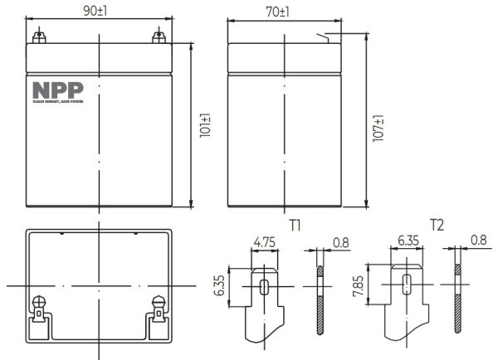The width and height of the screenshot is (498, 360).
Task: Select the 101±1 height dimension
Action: pos(205,124)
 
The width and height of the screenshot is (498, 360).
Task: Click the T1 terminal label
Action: pos(295,225)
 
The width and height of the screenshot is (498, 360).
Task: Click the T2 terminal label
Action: pos(437,225)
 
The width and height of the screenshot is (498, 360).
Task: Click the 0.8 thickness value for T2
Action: pos(478,241)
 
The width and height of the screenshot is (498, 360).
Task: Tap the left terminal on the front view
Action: pos(37,37)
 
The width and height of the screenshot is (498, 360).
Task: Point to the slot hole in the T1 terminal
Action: pos(264,286)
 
